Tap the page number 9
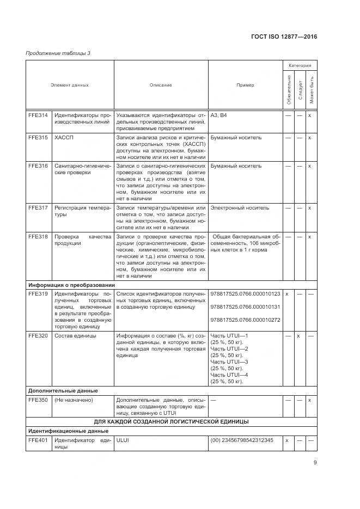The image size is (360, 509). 315,463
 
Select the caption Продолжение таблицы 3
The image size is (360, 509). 58,53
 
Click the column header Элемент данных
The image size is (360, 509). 70,85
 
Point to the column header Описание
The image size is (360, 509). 161,85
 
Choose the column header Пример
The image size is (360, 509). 245,85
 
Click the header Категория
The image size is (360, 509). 300,65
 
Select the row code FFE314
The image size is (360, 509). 38,115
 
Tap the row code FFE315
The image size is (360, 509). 38,138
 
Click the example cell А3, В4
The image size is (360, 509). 219,115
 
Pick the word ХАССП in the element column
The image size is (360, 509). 64,138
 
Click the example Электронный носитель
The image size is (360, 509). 240,207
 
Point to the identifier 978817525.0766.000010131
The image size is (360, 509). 245,306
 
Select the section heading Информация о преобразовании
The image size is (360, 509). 71,284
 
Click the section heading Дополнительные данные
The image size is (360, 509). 63,390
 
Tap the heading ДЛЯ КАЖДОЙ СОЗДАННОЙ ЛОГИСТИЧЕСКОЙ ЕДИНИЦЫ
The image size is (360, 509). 171,421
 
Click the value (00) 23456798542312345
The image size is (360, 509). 242,440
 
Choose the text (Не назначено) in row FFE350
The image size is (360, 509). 74,400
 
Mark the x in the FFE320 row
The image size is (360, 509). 298,336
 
